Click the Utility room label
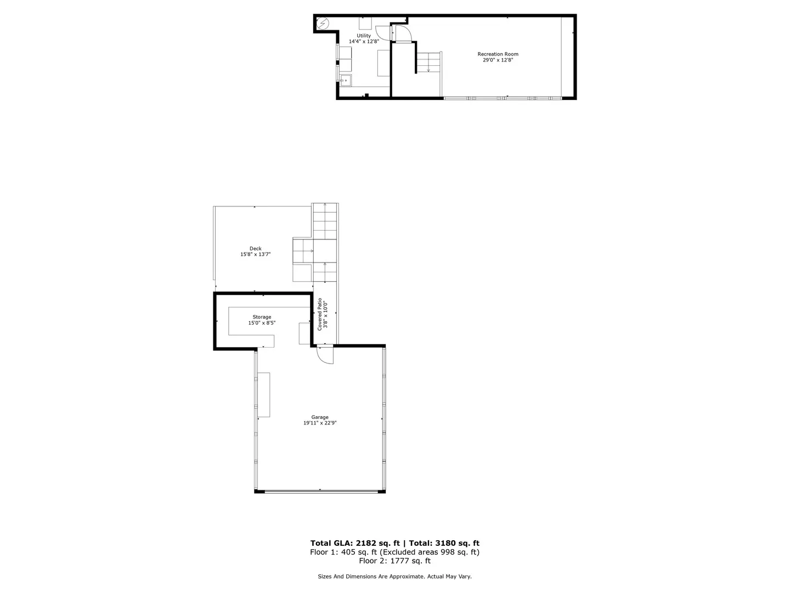[364, 36]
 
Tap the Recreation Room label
[498, 54]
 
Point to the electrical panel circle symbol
[323, 24]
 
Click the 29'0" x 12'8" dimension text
[498, 60]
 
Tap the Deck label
[255, 249]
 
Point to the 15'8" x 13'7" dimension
[255, 255]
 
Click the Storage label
[262, 317]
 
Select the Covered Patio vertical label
[323, 315]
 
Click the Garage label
[320, 417]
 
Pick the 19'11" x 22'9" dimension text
[320, 423]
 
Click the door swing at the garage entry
[325, 355]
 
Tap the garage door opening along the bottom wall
[320, 491]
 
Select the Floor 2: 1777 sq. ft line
[394, 561]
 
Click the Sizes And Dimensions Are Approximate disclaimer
[394, 577]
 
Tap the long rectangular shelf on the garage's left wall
[264, 394]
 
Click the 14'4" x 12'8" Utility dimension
[364, 42]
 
